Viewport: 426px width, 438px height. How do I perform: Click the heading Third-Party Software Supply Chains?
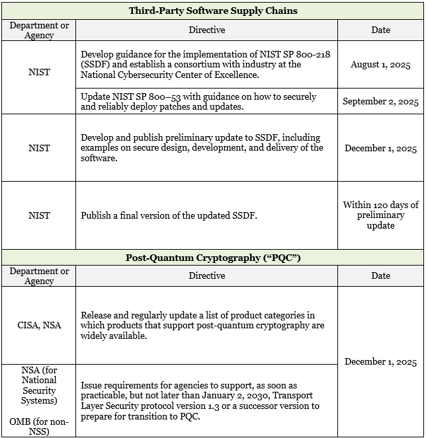click(212, 11)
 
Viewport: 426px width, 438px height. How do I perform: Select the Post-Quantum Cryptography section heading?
click(212, 258)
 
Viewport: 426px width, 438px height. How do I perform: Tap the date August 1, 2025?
click(380, 65)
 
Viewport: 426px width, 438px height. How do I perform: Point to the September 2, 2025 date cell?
click(380, 102)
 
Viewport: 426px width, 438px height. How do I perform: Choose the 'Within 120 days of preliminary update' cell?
click(380, 215)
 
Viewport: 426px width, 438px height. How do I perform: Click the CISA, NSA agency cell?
click(39, 325)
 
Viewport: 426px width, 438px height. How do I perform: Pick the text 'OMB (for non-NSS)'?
click(39, 426)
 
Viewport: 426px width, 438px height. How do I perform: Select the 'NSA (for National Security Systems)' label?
click(39, 385)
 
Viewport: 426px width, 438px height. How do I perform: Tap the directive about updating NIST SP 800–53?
click(198, 101)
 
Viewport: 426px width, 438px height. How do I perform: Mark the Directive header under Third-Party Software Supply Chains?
click(206, 30)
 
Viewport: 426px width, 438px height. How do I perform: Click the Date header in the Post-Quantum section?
click(380, 275)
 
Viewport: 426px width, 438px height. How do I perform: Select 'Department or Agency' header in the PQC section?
click(39, 275)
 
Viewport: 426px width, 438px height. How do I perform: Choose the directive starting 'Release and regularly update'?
click(202, 325)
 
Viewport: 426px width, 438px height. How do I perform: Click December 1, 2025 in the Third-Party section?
click(380, 148)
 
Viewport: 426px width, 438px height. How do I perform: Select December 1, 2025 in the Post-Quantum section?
click(380, 361)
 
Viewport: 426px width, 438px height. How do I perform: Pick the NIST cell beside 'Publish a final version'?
click(39, 215)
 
